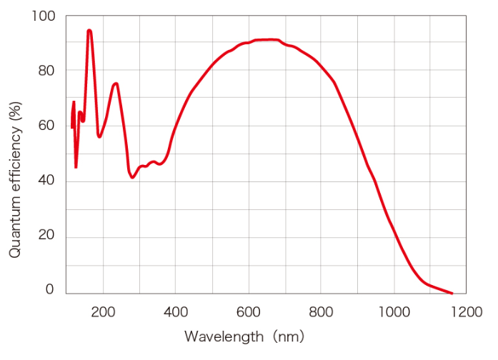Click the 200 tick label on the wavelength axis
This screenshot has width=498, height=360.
(104, 311)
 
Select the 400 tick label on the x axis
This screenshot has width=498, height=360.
(176, 311)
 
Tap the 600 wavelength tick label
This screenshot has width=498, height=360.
(249, 311)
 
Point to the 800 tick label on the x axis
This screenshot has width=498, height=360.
(321, 311)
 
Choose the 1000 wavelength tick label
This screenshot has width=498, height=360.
(393, 311)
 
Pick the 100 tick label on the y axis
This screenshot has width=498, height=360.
(44, 16)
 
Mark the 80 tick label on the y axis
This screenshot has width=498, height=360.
(46, 71)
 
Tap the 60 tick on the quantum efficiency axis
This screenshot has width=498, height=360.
(46, 126)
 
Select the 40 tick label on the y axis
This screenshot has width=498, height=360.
(46, 181)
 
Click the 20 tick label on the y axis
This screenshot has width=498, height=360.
(46, 236)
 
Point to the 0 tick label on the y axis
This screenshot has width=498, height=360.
(50, 290)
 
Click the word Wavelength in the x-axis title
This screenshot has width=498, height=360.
(218, 336)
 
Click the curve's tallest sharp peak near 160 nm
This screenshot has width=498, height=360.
(89, 30)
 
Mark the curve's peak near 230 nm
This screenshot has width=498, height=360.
(116, 84)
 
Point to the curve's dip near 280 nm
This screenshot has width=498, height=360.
(132, 177)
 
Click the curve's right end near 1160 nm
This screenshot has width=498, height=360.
(452, 293)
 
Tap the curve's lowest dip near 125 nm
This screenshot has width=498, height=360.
(76, 166)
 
